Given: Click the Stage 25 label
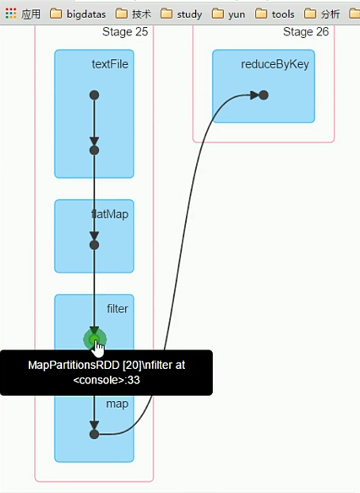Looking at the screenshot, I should pyautogui.click(x=125, y=32).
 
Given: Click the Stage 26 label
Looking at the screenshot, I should pyautogui.click(x=305, y=32).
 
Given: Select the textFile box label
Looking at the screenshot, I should pyautogui.click(x=110, y=64).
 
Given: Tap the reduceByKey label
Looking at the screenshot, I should pyautogui.click(x=274, y=64).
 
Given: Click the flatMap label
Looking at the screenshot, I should pyautogui.click(x=110, y=214).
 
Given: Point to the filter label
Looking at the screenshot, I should pyautogui.click(x=117, y=309).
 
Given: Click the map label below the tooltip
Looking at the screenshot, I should pyautogui.click(x=117, y=404).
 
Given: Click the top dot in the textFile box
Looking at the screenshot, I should pyautogui.click(x=94, y=95).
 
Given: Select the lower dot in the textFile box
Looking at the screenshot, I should pyautogui.click(x=94, y=150).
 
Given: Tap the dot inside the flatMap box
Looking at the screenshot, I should pyautogui.click(x=94, y=245).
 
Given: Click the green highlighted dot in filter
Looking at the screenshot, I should pyautogui.click(x=94, y=339).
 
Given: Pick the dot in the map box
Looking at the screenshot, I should pyautogui.click(x=94, y=434).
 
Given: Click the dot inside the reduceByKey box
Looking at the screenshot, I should pyautogui.click(x=263, y=95).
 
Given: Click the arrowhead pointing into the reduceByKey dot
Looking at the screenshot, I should pyautogui.click(x=255, y=95).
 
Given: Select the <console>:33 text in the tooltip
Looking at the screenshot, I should pyautogui.click(x=106, y=380).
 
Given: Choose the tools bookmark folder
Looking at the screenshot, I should pyautogui.click(x=276, y=14).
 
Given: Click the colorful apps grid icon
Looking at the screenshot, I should pyautogui.click(x=11, y=14).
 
